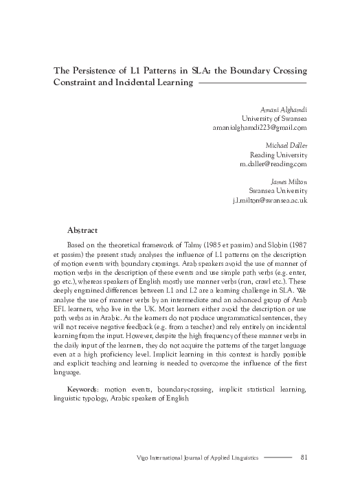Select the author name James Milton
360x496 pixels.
pos(289,182)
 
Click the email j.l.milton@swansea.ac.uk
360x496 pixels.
pos(270,200)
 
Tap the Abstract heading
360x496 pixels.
pos(82,230)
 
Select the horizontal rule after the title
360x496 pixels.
pos(252,83)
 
